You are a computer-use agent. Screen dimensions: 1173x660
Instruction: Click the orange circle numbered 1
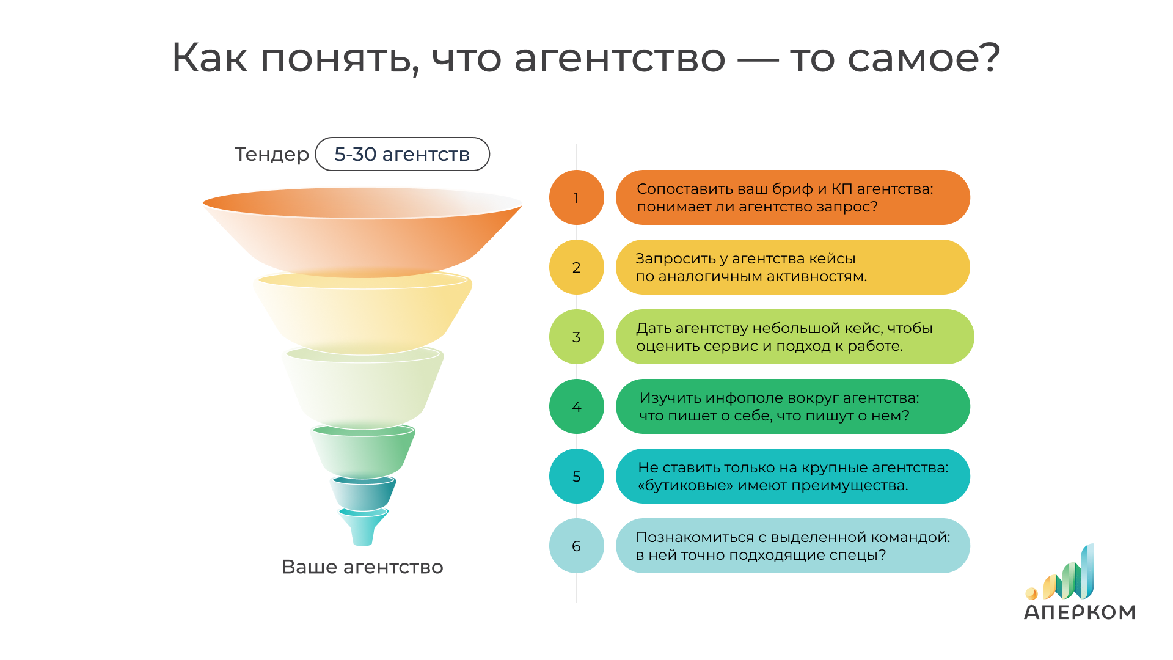(576, 197)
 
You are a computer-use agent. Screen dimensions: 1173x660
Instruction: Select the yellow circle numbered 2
(576, 267)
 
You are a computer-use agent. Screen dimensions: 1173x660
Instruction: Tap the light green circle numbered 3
(576, 337)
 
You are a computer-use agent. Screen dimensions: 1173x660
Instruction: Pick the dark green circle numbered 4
(576, 406)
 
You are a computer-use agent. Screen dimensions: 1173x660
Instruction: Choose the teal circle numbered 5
(576, 476)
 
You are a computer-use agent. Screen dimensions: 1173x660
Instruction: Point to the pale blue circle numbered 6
(576, 546)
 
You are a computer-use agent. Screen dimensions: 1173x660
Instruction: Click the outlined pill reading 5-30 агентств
(402, 154)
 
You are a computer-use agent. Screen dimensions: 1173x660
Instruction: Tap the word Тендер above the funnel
(272, 154)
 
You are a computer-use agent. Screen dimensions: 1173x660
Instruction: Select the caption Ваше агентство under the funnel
(362, 566)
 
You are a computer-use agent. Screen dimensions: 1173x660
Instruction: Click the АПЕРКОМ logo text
(1080, 612)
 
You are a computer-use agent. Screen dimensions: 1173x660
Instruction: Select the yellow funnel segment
(363, 313)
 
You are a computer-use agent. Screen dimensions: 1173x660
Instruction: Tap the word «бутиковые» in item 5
(685, 485)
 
